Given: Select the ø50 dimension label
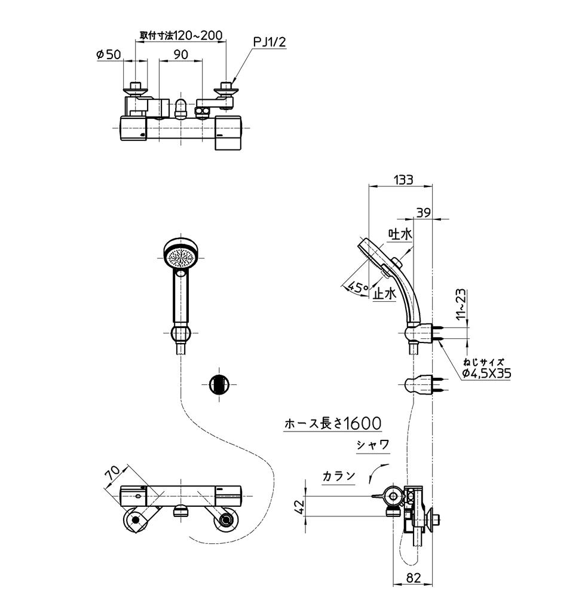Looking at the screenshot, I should pos(108,54).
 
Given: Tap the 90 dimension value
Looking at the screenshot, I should pos(181,54).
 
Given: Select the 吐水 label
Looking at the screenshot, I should pos(400,235).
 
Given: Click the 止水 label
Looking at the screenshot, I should pos(384,294).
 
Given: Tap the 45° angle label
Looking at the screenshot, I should pos(359,287).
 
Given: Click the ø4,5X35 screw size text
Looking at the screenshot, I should pos(486,374).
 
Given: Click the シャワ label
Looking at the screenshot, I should pos(373,445).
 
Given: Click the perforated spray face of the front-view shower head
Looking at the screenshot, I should pos(182,258).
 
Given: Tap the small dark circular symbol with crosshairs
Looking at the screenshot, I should pos(219,384).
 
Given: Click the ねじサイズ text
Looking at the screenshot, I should pos(484,361).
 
